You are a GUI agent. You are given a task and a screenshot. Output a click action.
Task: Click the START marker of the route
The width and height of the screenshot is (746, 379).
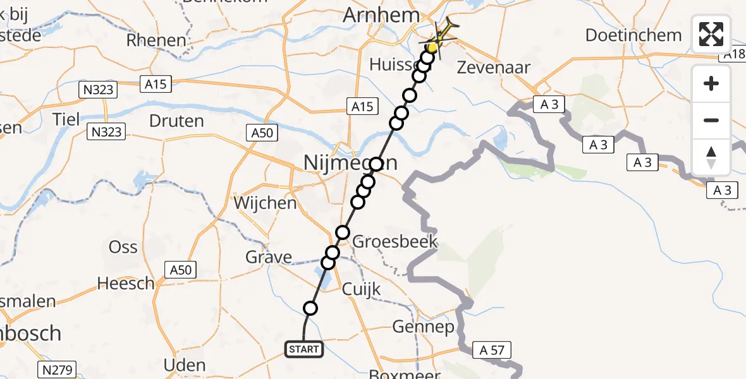pos(304,349)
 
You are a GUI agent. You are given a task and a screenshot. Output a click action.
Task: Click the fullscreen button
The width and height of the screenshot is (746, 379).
pos(711,34)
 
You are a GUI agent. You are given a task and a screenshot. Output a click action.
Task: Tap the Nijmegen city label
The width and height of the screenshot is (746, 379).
pos(350,163)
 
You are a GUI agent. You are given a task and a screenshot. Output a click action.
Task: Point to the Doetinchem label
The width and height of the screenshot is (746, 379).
pos(633,35)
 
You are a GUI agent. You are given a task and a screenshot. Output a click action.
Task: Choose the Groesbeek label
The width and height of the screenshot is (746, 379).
pos(395,242)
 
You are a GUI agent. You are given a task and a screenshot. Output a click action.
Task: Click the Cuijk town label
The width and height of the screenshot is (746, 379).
pos(362,289)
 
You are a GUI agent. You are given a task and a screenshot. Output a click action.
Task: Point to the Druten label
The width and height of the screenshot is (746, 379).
pos(177,120)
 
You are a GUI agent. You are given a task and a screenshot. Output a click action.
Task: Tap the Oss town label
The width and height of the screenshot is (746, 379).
pos(123,246)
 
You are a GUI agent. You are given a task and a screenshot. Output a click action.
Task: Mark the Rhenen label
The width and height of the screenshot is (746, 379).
pos(156,40)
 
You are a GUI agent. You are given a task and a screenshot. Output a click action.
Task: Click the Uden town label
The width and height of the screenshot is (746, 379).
pos(185,365)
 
